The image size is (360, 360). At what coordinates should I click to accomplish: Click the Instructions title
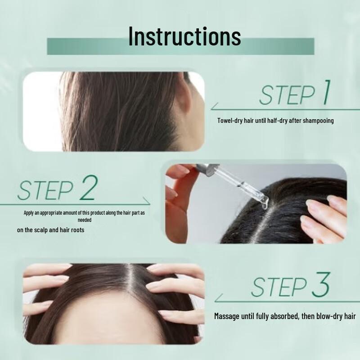point(184,36)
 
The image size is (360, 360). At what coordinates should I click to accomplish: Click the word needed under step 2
point(85,220)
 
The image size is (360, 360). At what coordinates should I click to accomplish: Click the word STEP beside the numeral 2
point(45,191)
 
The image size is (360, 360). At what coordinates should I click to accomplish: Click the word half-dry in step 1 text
point(278,121)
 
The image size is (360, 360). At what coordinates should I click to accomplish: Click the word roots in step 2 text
point(77,230)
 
